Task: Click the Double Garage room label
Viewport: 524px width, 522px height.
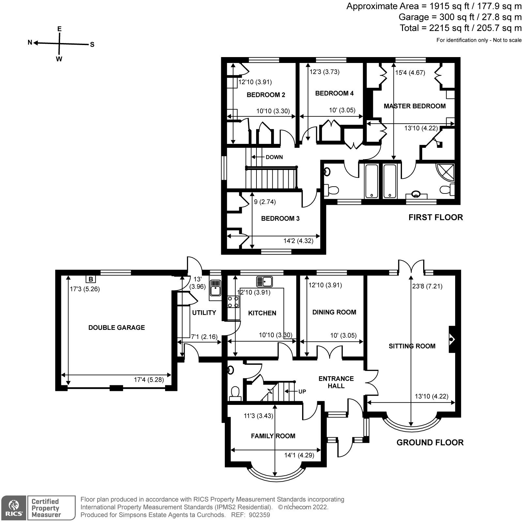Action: (x=116, y=328)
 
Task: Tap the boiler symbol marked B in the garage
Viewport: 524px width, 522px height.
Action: (x=91, y=279)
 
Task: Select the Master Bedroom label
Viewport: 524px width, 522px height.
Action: (x=415, y=106)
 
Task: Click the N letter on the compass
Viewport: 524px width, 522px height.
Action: (x=30, y=42)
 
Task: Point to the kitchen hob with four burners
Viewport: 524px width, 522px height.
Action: (x=233, y=302)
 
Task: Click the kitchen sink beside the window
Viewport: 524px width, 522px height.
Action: (x=264, y=281)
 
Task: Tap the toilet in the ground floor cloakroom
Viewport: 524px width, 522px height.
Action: (x=235, y=393)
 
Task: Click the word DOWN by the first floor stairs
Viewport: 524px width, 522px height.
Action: (x=274, y=157)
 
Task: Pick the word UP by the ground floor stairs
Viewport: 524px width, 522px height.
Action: (x=302, y=391)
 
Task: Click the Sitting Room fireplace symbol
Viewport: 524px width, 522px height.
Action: (x=452, y=339)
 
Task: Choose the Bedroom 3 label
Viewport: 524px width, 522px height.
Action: (x=280, y=219)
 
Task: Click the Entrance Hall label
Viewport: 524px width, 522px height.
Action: (x=336, y=382)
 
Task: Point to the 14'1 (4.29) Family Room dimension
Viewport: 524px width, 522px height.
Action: (x=299, y=455)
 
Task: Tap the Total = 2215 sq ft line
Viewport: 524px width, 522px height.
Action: (x=461, y=28)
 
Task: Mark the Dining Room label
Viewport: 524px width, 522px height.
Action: (x=334, y=312)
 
